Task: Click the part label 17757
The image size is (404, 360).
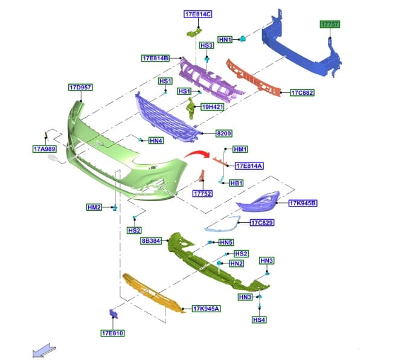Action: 330,24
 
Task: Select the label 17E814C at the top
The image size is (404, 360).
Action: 198,13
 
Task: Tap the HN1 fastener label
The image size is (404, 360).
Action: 226,39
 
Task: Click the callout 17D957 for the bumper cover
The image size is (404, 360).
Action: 80,88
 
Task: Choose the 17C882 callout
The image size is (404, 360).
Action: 302,93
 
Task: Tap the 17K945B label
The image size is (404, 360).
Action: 303,203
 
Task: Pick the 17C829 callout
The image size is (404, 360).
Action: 263,223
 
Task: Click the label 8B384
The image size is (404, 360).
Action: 150,240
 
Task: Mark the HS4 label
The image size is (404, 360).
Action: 259,319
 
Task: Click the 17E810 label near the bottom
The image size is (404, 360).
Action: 113,332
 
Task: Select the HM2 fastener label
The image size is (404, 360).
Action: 94,207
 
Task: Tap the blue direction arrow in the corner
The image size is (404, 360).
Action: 45,351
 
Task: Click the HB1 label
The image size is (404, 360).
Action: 236,183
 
